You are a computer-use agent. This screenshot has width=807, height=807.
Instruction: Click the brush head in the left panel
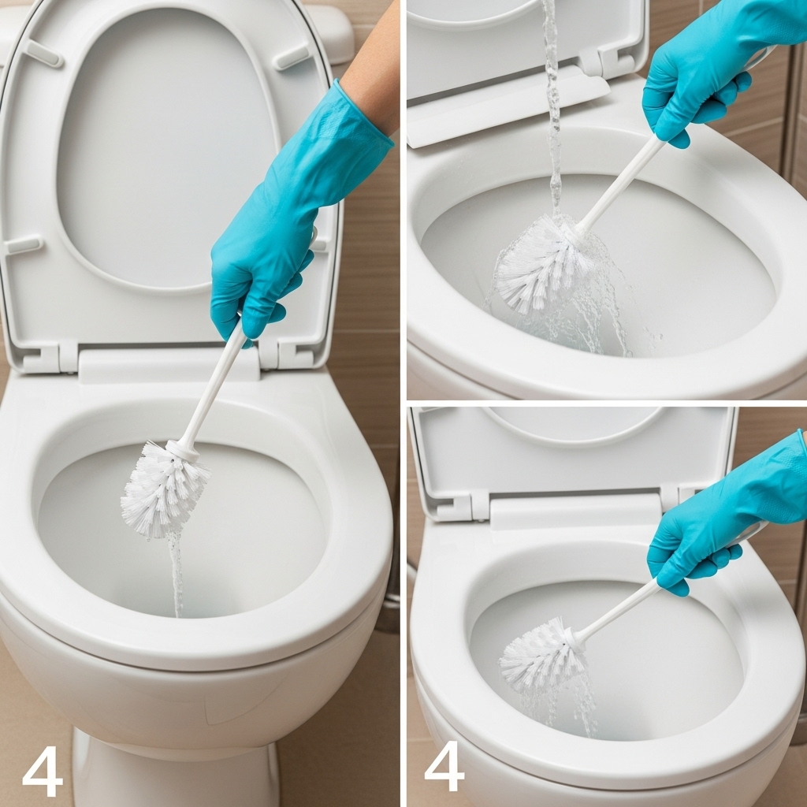(x=164, y=489)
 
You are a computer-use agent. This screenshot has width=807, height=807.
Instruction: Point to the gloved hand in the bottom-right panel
(x=720, y=520)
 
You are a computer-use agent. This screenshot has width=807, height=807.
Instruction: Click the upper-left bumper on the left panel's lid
(x=44, y=53)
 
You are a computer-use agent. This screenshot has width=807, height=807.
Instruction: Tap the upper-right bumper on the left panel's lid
(x=292, y=58)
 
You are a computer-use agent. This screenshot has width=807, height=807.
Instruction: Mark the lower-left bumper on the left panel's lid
(x=23, y=244)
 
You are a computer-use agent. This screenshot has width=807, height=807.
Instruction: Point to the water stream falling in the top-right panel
(x=552, y=108)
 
